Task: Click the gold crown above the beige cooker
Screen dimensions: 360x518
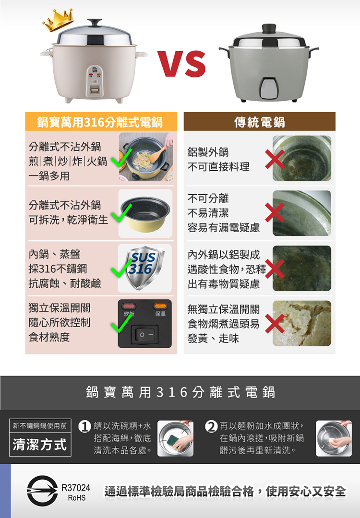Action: pyautogui.click(x=58, y=21)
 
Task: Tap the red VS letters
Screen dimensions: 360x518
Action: pyautogui.click(x=181, y=64)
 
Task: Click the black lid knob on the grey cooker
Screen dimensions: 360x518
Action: pyautogui.click(x=268, y=28)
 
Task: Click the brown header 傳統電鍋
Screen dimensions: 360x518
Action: pyautogui.click(x=260, y=122)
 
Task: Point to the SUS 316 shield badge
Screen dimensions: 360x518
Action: pyautogui.click(x=144, y=268)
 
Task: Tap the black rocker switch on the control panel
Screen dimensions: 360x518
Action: pyautogui.click(x=145, y=334)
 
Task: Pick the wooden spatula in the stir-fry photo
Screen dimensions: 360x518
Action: pyautogui.click(x=159, y=152)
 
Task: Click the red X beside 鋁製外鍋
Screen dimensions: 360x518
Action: pyautogui.click(x=275, y=159)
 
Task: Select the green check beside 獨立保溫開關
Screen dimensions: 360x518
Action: pyautogui.click(x=121, y=322)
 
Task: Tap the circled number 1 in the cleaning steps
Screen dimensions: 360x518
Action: pyautogui.click(x=84, y=427)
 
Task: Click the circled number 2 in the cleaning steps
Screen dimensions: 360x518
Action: pyautogui.click(x=211, y=427)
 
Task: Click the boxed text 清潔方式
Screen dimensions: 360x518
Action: pyautogui.click(x=40, y=444)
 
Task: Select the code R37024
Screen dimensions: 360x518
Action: pyautogui.click(x=76, y=488)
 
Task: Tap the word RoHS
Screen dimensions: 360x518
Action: pyautogui.click(x=76, y=498)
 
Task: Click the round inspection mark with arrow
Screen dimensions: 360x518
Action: pyautogui.click(x=42, y=491)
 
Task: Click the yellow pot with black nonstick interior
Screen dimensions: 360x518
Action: pyautogui.click(x=145, y=214)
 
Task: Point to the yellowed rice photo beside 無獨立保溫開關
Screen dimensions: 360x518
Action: pyautogui.click(x=302, y=323)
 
